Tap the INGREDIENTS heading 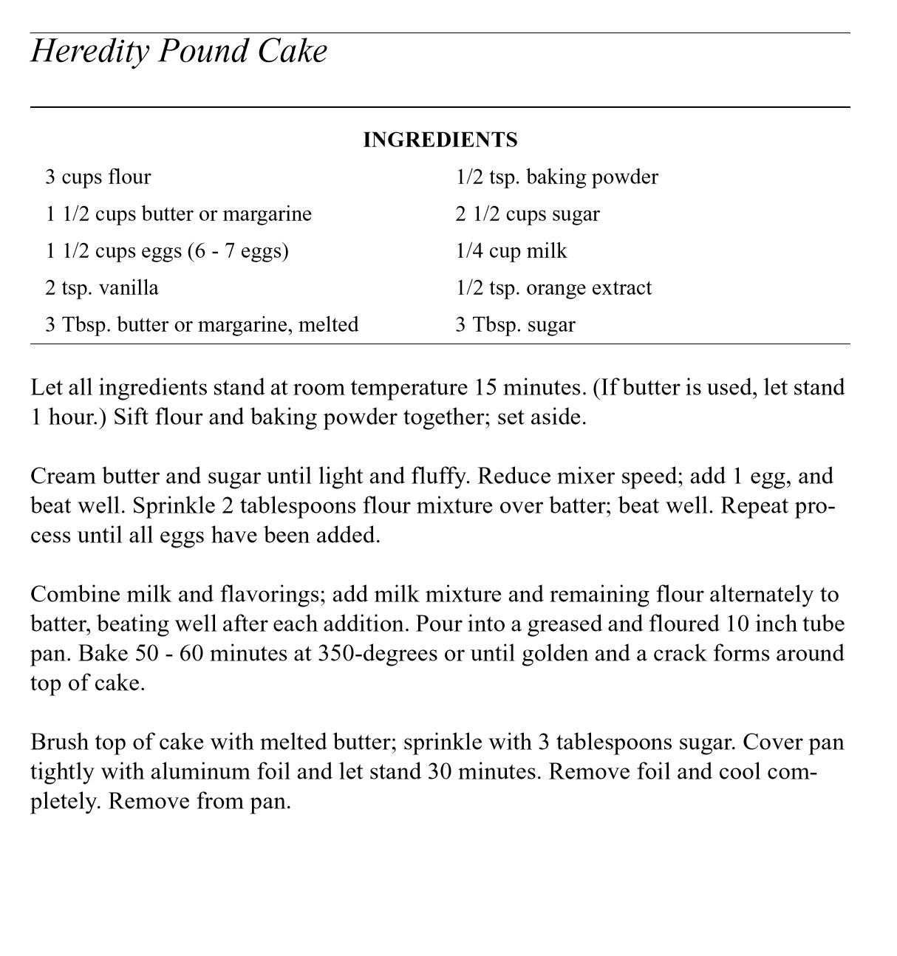coord(440,140)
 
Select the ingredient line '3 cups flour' coord(98,177)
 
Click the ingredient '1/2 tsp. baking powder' coord(556,177)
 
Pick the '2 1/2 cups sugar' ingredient coord(528,214)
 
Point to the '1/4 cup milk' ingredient coord(511,251)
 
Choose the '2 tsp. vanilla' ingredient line coord(101,287)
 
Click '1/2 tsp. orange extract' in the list coord(553,287)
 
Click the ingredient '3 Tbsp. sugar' coord(515,324)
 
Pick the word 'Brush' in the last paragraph coord(58,742)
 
